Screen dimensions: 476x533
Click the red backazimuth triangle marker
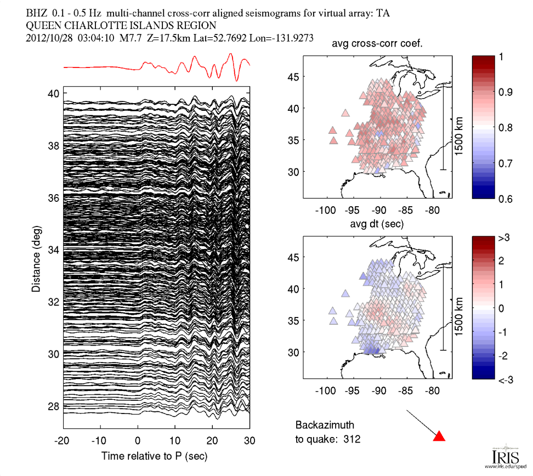coord(439,436)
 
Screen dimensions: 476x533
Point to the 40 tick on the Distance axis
coord(53,93)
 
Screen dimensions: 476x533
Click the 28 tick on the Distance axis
coord(53,406)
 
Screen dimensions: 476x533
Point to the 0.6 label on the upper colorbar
coord(504,199)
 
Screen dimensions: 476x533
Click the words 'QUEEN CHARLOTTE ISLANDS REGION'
coord(121,26)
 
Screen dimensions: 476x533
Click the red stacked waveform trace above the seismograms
coord(157,66)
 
